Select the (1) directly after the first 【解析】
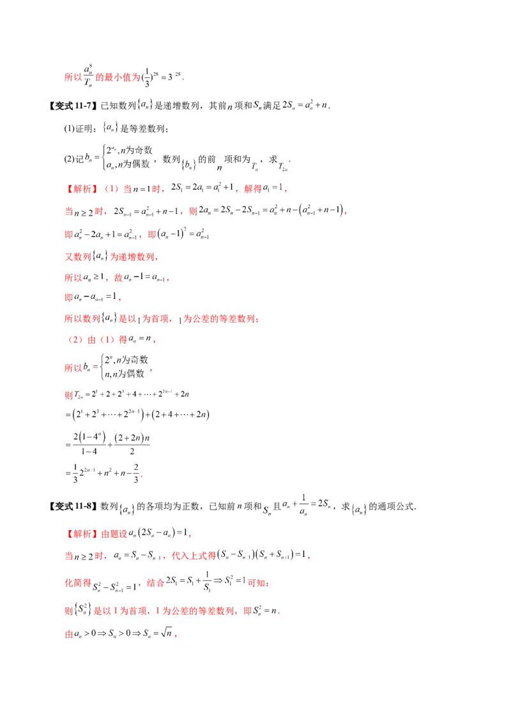[x=109, y=189]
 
